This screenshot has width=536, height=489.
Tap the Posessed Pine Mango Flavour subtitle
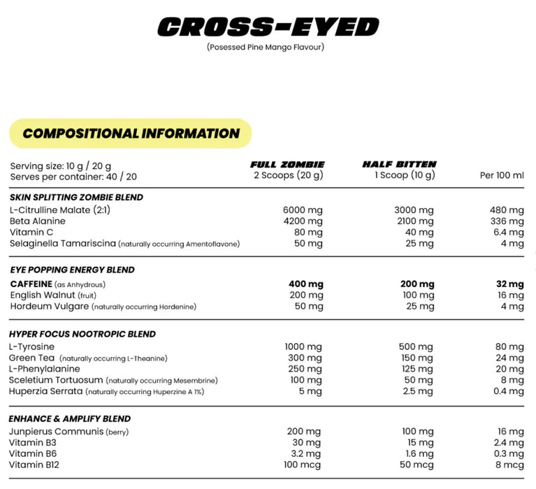point(266,48)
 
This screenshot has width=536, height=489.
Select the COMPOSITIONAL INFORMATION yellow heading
point(131,133)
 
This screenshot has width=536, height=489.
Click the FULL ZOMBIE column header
point(287,165)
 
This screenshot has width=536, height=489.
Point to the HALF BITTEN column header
point(399,165)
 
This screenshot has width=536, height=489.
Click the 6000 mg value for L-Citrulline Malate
point(303,210)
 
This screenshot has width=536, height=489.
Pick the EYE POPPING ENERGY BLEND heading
point(72,270)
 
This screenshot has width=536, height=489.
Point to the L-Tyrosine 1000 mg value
point(303,346)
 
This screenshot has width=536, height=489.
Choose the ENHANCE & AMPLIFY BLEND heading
point(71,418)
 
